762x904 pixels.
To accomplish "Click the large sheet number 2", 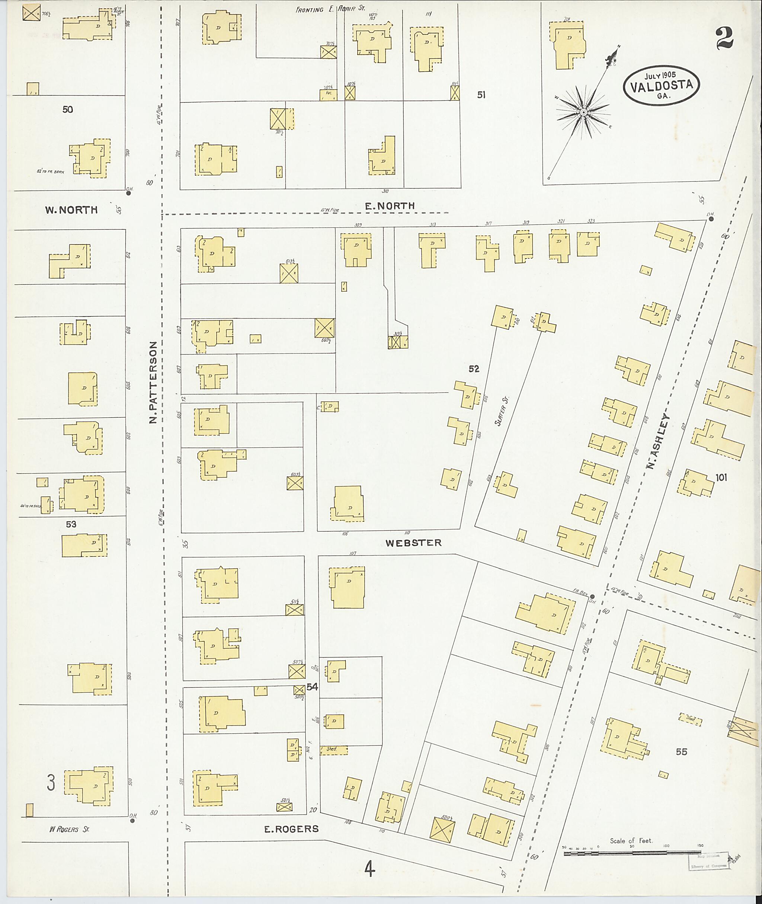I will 724,38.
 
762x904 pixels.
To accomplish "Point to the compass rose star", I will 583,112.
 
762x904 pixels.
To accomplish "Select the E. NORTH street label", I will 390,206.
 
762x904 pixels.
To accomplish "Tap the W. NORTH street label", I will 71,210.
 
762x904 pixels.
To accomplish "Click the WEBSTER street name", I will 413,543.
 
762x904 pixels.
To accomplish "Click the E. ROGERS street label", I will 292,829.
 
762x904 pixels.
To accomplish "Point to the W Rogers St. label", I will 69,829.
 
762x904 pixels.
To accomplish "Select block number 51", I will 481,95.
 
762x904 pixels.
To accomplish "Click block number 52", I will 474,368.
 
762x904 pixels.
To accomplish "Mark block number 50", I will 67,110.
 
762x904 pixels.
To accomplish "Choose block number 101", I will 721,477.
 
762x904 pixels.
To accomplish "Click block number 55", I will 681,752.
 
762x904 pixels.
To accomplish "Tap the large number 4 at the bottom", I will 369,869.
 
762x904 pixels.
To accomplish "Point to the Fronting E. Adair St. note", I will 330,9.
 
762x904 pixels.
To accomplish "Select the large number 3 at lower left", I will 51,783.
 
